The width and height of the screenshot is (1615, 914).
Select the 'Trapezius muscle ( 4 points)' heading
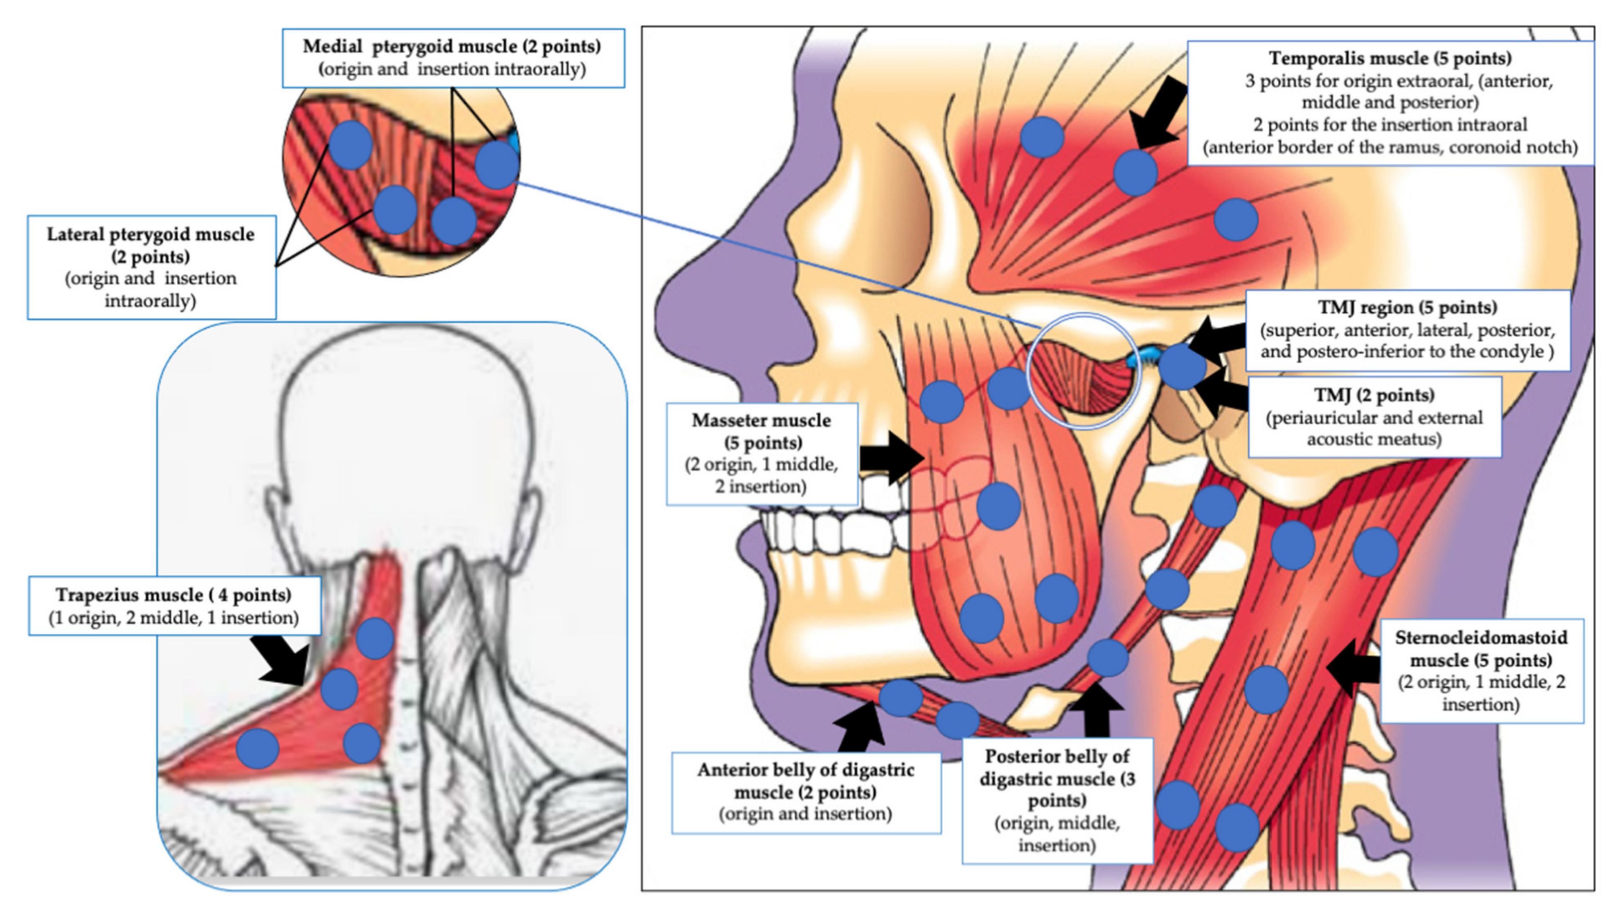[x=173, y=595]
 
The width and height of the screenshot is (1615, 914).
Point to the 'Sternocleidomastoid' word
[x=1481, y=638]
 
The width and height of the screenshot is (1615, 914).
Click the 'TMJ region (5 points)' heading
[x=1407, y=308]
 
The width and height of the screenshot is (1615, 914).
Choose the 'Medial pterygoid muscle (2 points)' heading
[x=452, y=47]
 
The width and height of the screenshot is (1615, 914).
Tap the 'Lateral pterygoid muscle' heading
[x=151, y=235]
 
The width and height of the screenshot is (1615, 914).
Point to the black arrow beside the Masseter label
[x=890, y=458]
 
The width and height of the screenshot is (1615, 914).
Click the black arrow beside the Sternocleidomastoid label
[x=1352, y=669]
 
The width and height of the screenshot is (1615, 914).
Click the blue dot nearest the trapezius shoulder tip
[x=257, y=748]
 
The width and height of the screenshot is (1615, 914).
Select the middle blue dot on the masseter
[x=998, y=506]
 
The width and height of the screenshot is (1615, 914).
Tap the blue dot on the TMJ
[x=1181, y=367]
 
